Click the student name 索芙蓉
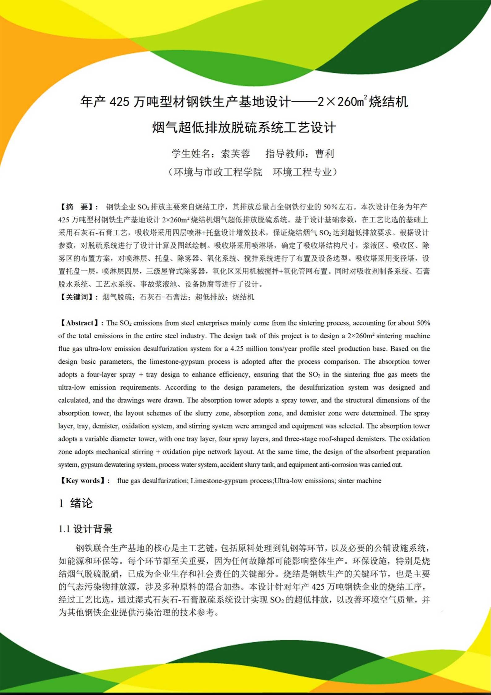coord(235,154)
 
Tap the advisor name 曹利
coord(325,154)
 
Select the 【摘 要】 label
coord(79,207)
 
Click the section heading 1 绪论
coord(76,503)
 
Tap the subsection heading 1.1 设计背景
coord(85,529)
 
